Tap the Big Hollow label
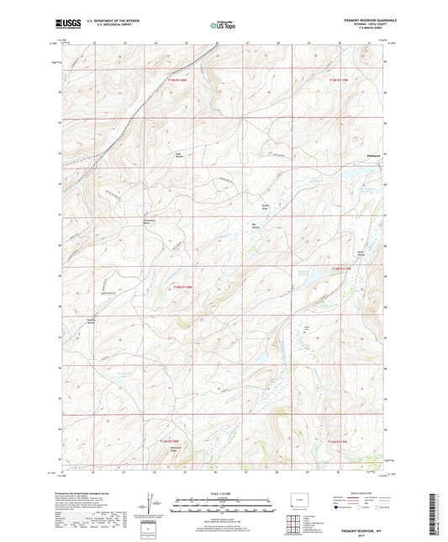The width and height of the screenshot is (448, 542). click(x=256, y=225)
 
